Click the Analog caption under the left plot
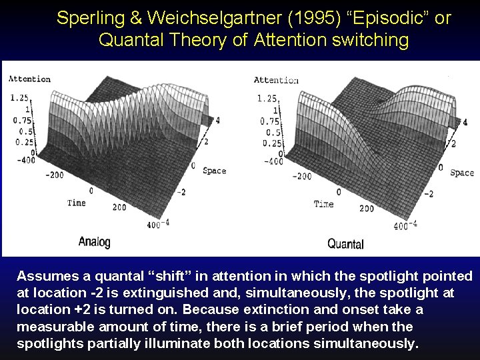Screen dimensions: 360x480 click(x=94, y=242)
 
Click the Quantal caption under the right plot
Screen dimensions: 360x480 click(x=345, y=244)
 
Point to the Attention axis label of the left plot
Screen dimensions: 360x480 click(x=29, y=79)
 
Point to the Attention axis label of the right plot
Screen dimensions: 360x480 click(x=275, y=80)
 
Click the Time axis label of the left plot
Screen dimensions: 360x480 click(x=76, y=202)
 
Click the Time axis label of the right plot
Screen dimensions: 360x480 click(x=323, y=203)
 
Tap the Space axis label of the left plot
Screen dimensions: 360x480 click(x=214, y=171)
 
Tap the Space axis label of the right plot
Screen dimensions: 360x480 click(x=461, y=173)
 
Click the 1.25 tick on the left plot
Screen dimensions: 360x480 click(x=19, y=97)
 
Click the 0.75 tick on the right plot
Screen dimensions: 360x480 click(x=269, y=121)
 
